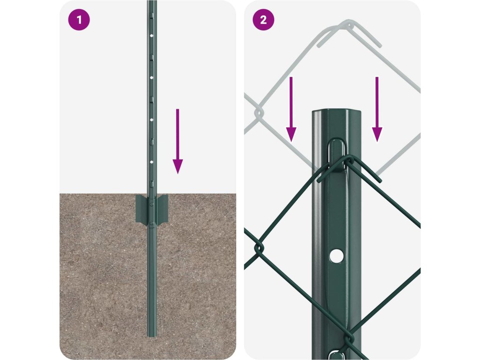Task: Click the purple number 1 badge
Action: [x=79, y=20]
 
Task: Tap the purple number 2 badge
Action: [x=263, y=20]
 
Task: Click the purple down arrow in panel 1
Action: [x=178, y=141]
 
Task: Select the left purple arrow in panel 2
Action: [x=291, y=109]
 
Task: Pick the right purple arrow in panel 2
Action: [x=377, y=109]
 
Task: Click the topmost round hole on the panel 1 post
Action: [x=151, y=36]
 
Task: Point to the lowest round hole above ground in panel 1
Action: [x=151, y=162]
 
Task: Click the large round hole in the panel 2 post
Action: [x=337, y=256]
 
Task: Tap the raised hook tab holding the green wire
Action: [x=337, y=155]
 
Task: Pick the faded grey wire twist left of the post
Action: [x=259, y=112]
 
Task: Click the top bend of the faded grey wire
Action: [x=349, y=23]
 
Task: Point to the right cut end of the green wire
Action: [x=380, y=180]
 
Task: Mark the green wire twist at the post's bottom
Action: [x=348, y=341]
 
